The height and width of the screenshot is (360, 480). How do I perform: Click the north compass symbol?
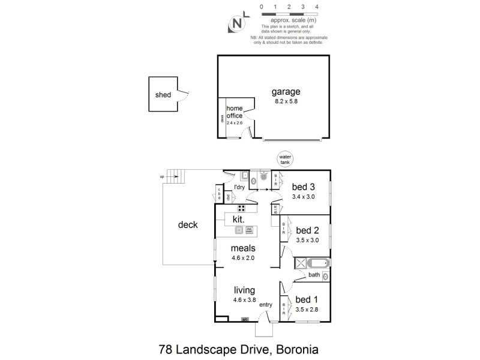(x=238, y=25)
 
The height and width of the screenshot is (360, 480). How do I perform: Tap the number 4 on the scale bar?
(x=316, y=6)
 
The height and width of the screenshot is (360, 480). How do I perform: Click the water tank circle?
(x=286, y=160)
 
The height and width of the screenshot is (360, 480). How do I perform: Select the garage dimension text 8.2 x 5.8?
(x=285, y=101)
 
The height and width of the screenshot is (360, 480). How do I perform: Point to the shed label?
(x=163, y=95)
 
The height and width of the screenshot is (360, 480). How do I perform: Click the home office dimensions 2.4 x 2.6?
(x=234, y=122)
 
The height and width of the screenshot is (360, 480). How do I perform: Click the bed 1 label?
(x=307, y=299)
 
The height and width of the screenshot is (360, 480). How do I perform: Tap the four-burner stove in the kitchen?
(x=241, y=209)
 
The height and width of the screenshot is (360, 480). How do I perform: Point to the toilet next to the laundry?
(x=254, y=178)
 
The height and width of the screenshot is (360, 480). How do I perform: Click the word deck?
(x=188, y=225)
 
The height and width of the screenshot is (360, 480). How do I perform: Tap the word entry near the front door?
(x=266, y=305)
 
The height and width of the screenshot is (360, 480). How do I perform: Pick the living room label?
(x=244, y=290)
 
